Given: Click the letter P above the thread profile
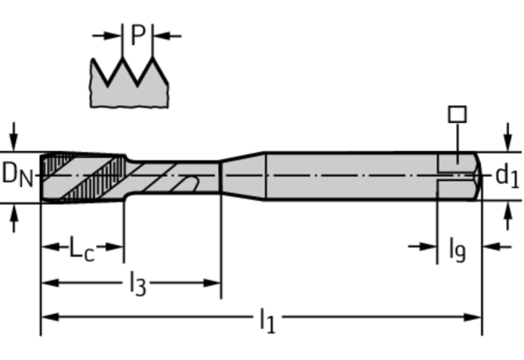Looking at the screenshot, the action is click(x=138, y=34).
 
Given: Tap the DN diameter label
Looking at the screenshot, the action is click(x=17, y=175).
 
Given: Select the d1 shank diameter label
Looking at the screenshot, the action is click(x=507, y=175).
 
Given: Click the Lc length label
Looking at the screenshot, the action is click(x=82, y=248).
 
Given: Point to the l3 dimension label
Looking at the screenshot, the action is click(x=138, y=284).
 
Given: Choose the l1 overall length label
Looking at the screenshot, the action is click(x=267, y=320).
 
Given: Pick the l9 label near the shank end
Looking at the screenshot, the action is click(x=458, y=249).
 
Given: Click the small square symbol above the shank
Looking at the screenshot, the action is click(x=458, y=114).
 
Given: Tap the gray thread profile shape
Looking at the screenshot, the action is click(x=129, y=84).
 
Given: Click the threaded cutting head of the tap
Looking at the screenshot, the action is click(x=83, y=178).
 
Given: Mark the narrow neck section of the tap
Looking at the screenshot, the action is click(x=173, y=178).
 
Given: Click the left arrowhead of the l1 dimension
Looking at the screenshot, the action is click(x=50, y=317).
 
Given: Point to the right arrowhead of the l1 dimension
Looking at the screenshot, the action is click(x=472, y=317).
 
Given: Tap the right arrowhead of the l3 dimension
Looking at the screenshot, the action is click(x=212, y=283).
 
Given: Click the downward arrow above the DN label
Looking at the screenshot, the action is click(x=14, y=137).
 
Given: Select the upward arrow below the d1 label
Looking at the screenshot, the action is click(x=508, y=216).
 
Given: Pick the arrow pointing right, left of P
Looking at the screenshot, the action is click(x=106, y=35).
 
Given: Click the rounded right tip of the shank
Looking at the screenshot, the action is click(x=479, y=176).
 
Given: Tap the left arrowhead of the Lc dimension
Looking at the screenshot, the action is click(x=50, y=247).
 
